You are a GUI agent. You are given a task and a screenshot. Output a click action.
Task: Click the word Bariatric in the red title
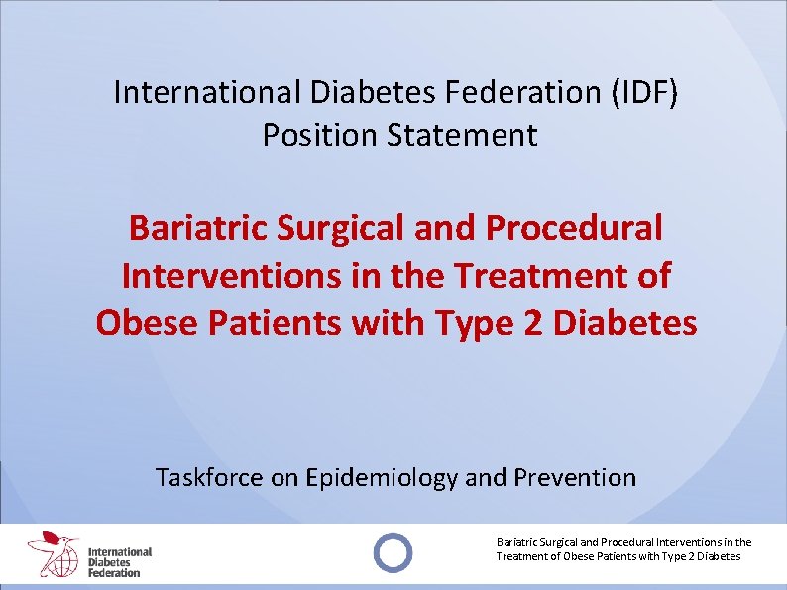pyautogui.click(x=197, y=228)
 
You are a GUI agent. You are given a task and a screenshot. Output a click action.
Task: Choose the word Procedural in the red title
pyautogui.click(x=574, y=228)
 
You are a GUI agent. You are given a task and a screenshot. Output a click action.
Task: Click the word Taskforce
pyautogui.click(x=210, y=477)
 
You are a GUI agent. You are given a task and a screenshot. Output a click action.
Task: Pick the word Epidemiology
pyautogui.click(x=383, y=477)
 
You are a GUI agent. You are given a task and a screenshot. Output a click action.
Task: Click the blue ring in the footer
pyautogui.click(x=393, y=551)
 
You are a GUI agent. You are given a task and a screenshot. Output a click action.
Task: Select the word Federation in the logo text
pyautogui.click(x=114, y=572)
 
